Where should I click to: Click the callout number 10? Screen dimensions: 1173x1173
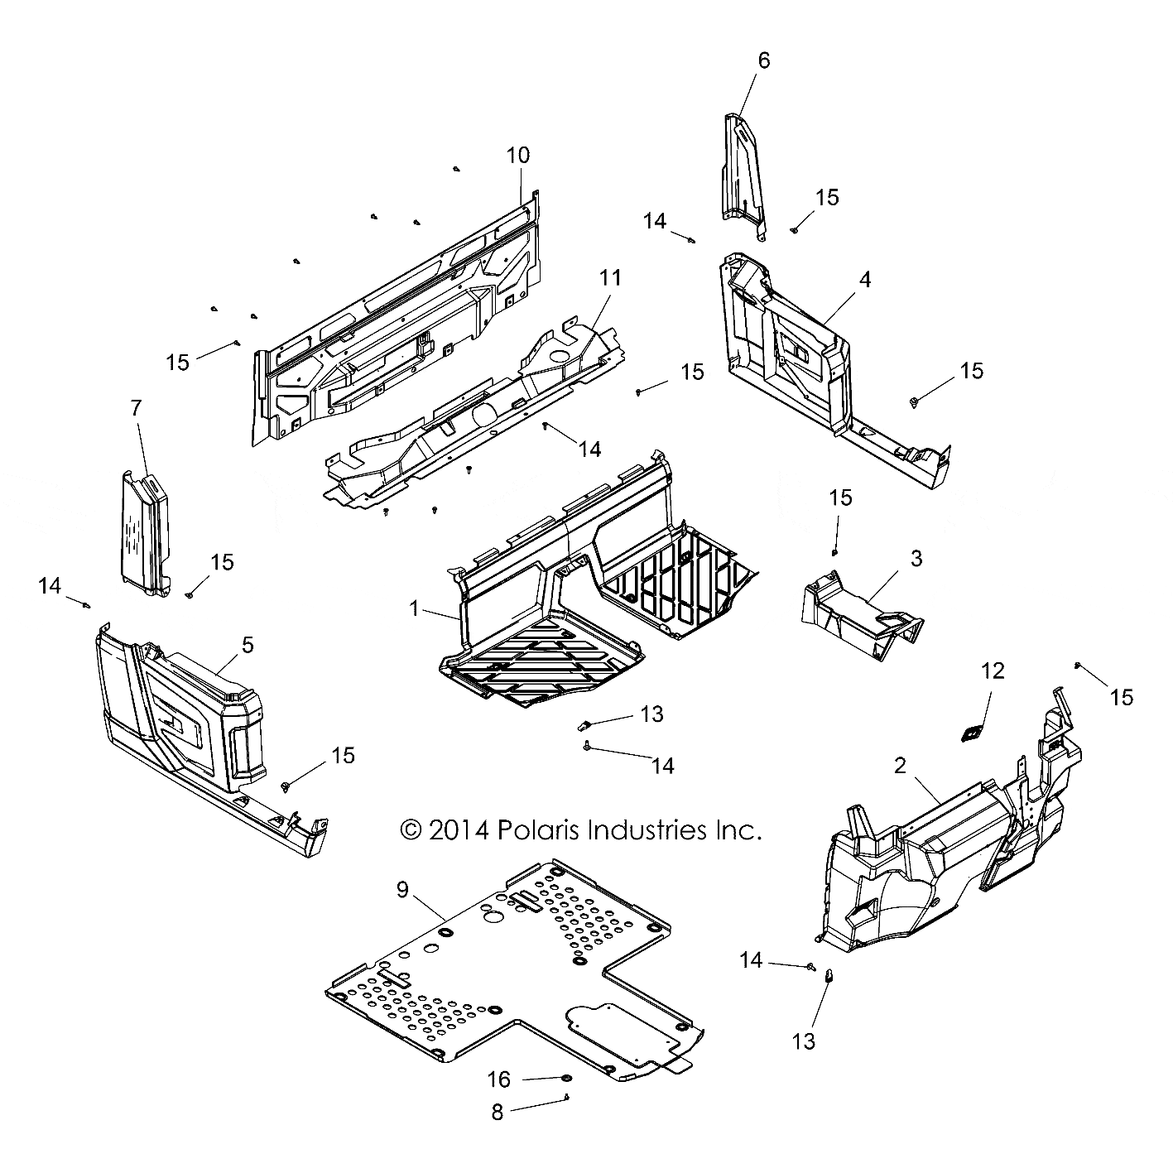pos(518,155)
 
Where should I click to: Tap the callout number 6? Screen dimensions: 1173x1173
pos(763,60)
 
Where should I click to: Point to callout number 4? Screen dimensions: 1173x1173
pos(864,280)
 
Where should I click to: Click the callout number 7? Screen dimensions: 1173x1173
pos(136,407)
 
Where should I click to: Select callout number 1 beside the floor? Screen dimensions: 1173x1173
pos(414,608)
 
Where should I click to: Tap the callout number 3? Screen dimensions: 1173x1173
pos(916,558)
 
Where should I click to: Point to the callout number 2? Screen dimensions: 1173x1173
pos(900,766)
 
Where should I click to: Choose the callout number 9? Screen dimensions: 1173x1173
pos(402,890)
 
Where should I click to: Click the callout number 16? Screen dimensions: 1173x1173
pos(499,1079)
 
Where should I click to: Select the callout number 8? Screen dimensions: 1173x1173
pos(497,1113)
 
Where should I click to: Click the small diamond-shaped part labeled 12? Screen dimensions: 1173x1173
pos(971,733)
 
